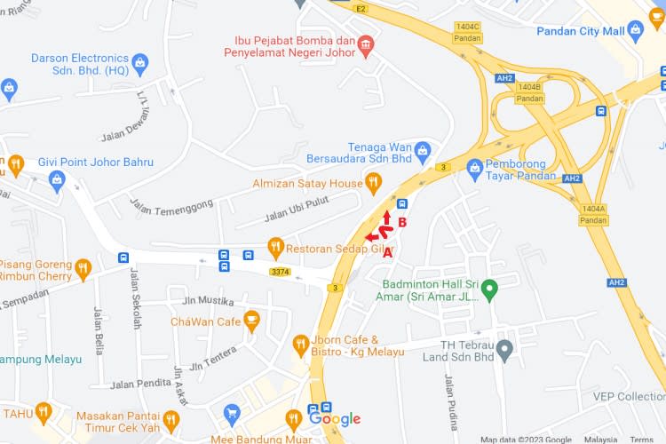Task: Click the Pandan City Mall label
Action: pyautogui.click(x=581, y=31)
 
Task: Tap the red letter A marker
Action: pyautogui.click(x=387, y=253)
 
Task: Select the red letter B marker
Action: pyautogui.click(x=402, y=222)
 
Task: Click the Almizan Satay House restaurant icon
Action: pyautogui.click(x=373, y=183)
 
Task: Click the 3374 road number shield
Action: pyautogui.click(x=281, y=272)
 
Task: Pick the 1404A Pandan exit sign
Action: pyautogui.click(x=594, y=214)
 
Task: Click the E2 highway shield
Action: pyautogui.click(x=360, y=8)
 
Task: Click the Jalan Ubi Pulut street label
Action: pyautogui.click(x=297, y=210)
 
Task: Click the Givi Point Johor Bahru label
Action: pyautogui.click(x=95, y=163)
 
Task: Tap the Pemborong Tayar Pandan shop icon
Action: pyautogui.click(x=474, y=166)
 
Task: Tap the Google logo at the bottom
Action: pyautogui.click(x=335, y=419)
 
